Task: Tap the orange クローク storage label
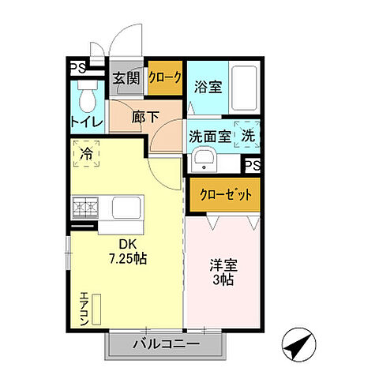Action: [x=166, y=77]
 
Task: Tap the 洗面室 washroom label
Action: [x=209, y=136]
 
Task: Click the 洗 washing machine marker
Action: [x=248, y=135]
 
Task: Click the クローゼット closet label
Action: [x=224, y=193]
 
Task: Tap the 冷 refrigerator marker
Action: [x=88, y=154]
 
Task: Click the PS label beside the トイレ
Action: [x=78, y=68]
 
